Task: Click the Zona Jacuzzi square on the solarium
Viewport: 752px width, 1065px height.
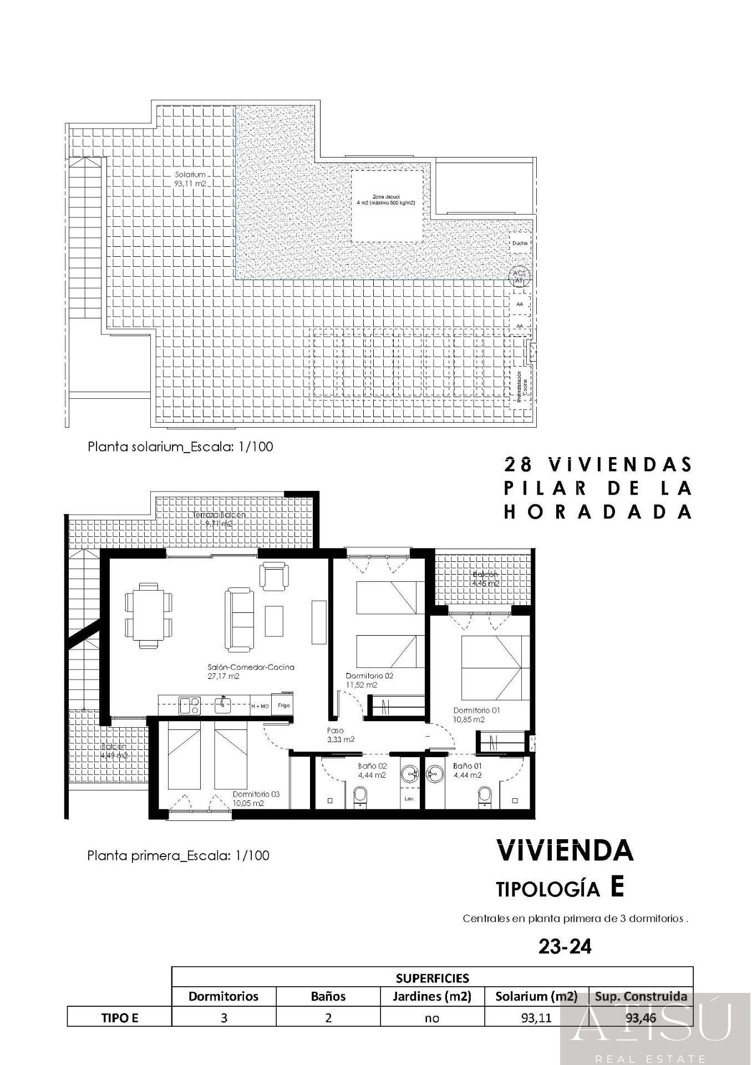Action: (387, 206)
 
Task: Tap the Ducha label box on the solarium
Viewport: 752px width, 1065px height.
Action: (520, 243)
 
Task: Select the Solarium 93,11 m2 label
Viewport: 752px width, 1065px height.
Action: (191, 179)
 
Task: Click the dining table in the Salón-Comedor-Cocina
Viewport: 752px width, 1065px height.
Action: (149, 615)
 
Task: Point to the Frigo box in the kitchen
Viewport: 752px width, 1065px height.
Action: (283, 706)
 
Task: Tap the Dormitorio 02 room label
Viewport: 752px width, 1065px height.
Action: (369, 680)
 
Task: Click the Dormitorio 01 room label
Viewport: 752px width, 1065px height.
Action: (476, 714)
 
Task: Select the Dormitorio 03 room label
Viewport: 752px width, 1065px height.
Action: (256, 798)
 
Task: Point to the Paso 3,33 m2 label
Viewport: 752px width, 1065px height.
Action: (341, 735)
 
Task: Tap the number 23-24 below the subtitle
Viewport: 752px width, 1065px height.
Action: (565, 946)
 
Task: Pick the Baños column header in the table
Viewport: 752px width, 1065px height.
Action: (328, 996)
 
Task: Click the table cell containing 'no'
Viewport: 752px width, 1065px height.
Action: (432, 1017)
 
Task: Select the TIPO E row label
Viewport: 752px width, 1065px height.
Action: (119, 1017)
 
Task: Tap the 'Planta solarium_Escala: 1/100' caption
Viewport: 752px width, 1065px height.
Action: (180, 447)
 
